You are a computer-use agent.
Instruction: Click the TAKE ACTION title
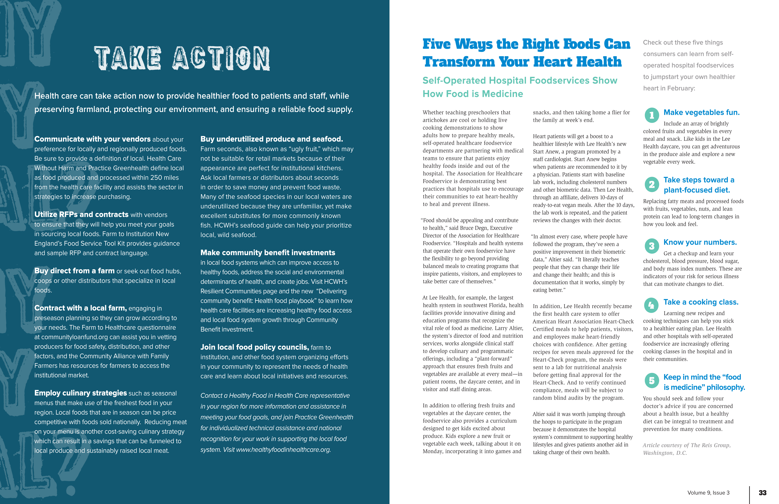tap(182, 58)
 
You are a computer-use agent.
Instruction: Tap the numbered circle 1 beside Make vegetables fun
tap(651, 115)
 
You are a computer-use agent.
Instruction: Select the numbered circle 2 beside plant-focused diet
tap(651, 185)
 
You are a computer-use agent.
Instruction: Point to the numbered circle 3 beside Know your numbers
tap(651, 246)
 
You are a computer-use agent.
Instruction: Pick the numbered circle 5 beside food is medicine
tap(651, 380)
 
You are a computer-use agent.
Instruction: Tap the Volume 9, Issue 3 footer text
tap(708, 493)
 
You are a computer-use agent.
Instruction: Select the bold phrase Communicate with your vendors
tap(92, 139)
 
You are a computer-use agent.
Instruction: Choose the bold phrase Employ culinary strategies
tap(80, 393)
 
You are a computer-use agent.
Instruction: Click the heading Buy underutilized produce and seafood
tap(272, 139)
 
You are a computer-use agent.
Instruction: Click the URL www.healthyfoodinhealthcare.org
tap(283, 450)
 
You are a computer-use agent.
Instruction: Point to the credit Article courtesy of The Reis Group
tap(686, 445)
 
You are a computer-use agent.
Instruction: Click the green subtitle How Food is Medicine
tap(473, 94)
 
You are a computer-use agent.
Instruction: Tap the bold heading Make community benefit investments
tap(268, 253)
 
